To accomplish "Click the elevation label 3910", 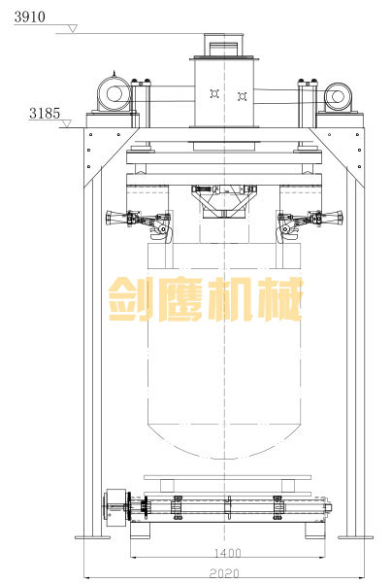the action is (x=30, y=17).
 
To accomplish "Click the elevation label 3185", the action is (x=45, y=113).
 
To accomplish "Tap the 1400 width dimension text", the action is (x=228, y=553).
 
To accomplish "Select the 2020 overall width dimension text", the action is (x=224, y=573).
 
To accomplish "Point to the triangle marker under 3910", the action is (x=73, y=28).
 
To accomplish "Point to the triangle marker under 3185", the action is (x=66, y=123).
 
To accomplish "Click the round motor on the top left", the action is (x=114, y=93).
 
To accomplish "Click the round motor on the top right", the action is (x=338, y=96).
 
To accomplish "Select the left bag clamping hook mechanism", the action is (x=140, y=224).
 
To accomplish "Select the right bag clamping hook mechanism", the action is (x=310, y=224).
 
